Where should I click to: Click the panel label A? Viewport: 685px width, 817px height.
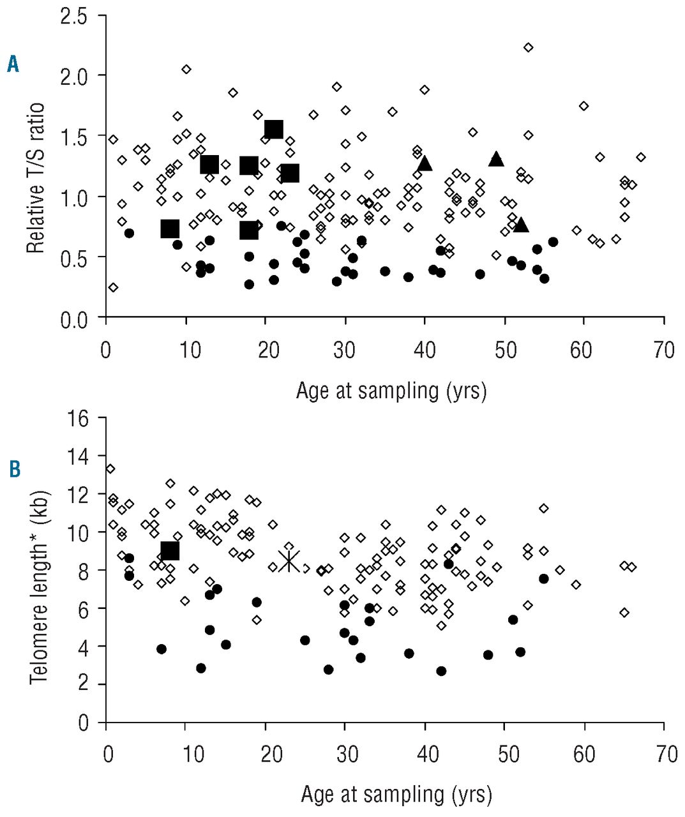coord(13,64)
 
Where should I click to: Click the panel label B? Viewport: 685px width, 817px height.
coord(14,469)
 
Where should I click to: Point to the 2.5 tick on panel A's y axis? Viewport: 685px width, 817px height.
coord(75,15)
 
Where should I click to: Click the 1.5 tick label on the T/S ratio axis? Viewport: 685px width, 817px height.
coord(75,136)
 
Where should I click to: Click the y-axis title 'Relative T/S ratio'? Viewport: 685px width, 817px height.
coord(36,178)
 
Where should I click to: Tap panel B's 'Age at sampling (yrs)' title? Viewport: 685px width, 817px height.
coord(396,794)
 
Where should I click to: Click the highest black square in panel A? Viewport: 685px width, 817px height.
coord(273,129)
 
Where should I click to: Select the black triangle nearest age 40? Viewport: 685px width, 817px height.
coord(425,163)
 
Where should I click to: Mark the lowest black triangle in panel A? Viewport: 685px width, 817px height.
coord(521,225)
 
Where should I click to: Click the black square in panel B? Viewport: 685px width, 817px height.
coord(170,550)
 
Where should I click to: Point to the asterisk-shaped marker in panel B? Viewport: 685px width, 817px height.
coord(289,562)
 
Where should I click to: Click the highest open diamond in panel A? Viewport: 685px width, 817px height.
coord(528,47)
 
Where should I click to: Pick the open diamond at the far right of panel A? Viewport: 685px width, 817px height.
coord(640,157)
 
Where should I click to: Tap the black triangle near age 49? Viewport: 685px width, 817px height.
coord(497,159)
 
